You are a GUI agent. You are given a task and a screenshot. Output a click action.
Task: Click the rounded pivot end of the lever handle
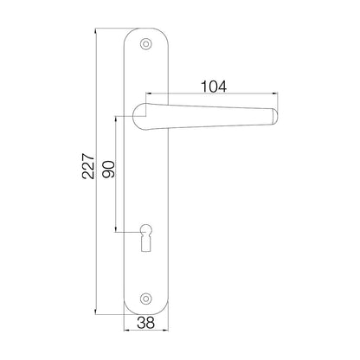click(x=141, y=110)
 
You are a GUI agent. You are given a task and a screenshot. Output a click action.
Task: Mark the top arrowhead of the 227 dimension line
click(x=96, y=28)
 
